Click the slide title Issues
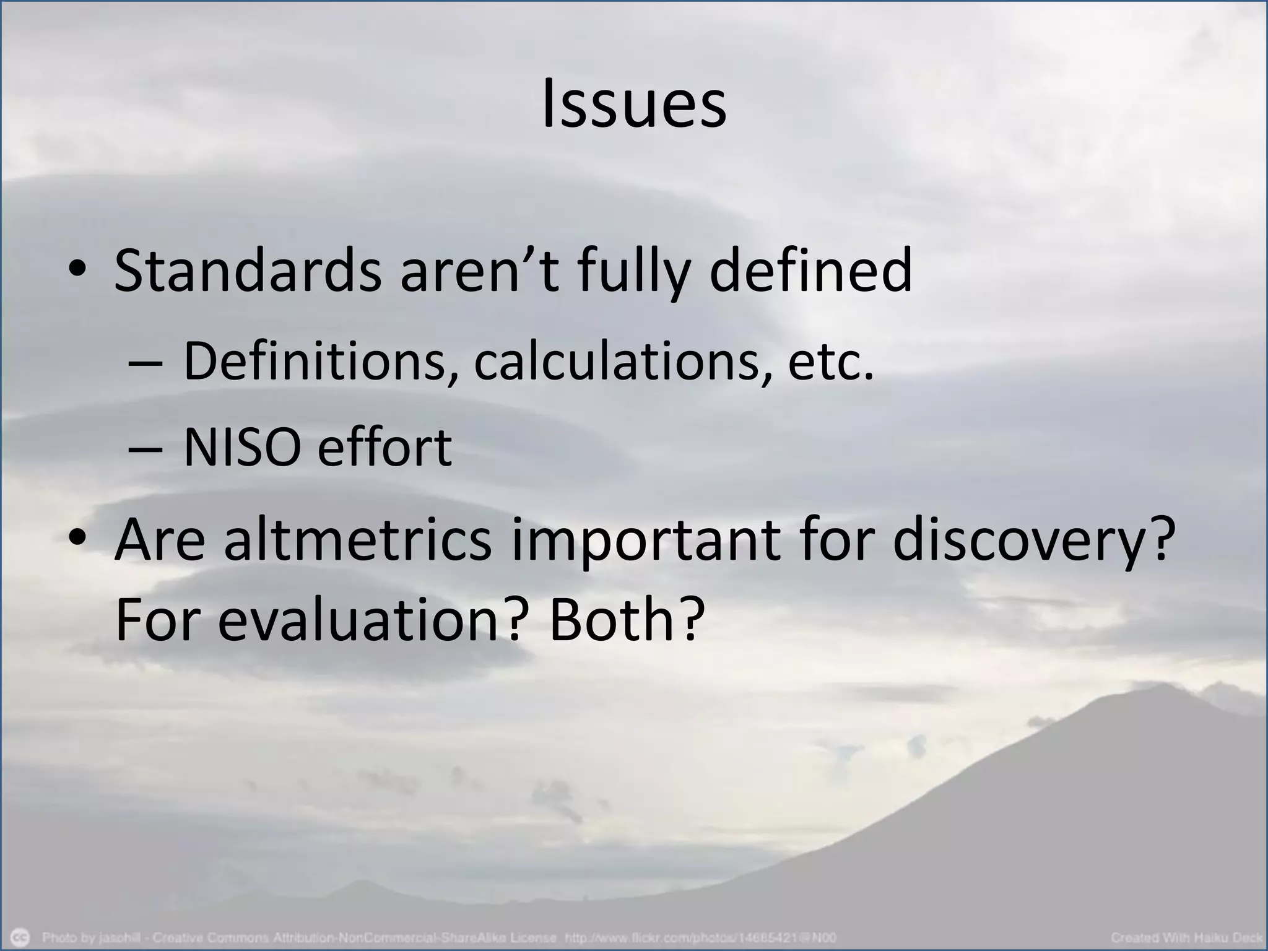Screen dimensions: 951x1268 click(x=633, y=105)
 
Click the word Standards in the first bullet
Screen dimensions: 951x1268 click(x=247, y=271)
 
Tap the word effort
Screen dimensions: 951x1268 click(x=384, y=448)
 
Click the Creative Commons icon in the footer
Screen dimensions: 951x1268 click(x=21, y=936)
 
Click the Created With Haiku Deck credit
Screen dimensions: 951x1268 click(x=1186, y=937)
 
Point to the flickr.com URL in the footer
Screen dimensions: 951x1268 click(x=700, y=937)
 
